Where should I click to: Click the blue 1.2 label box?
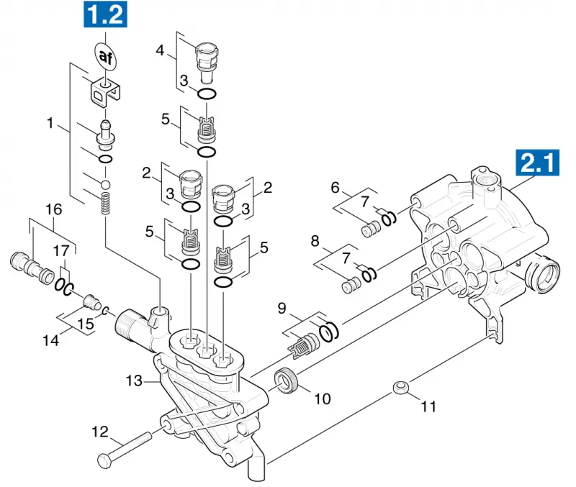tap(106, 14)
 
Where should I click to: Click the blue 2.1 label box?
tap(538, 162)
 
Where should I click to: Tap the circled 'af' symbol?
tap(105, 56)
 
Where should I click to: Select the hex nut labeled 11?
tap(401, 387)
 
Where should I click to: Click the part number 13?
tap(134, 381)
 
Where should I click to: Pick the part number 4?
tap(160, 50)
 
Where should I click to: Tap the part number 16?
tap(53, 209)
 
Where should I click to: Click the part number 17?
tap(61, 251)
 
